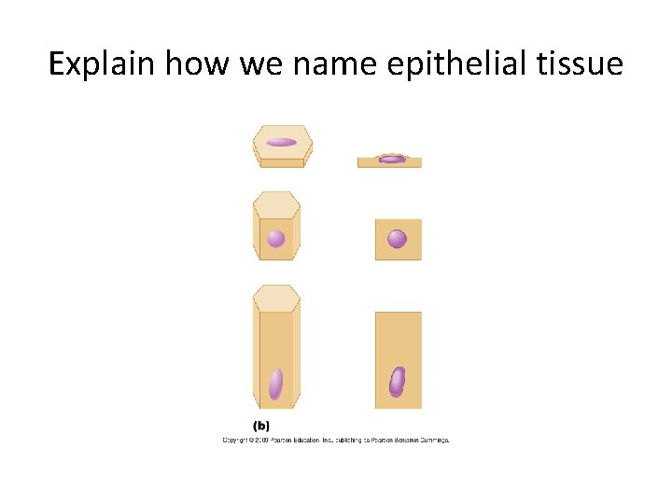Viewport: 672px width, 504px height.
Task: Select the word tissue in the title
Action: [x=578, y=64]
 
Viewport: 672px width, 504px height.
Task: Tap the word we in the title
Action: [x=257, y=64]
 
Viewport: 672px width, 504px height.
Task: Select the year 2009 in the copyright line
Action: [x=260, y=439]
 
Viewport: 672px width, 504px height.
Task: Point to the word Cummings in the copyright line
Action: [x=431, y=439]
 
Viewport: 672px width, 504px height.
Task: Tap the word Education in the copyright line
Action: [x=310, y=439]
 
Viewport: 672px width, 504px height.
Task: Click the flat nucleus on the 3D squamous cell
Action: [x=281, y=143]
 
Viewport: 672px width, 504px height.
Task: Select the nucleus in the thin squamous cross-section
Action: [x=392, y=159]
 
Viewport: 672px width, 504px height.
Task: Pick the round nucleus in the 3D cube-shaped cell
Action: [x=275, y=238]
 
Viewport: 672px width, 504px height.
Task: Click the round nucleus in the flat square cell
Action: [x=397, y=239]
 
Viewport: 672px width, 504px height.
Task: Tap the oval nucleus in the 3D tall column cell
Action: [x=275, y=383]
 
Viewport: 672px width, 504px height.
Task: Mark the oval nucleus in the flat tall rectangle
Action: [x=397, y=381]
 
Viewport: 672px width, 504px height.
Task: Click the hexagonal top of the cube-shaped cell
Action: [x=276, y=203]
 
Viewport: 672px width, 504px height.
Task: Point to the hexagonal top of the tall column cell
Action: [x=276, y=298]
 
